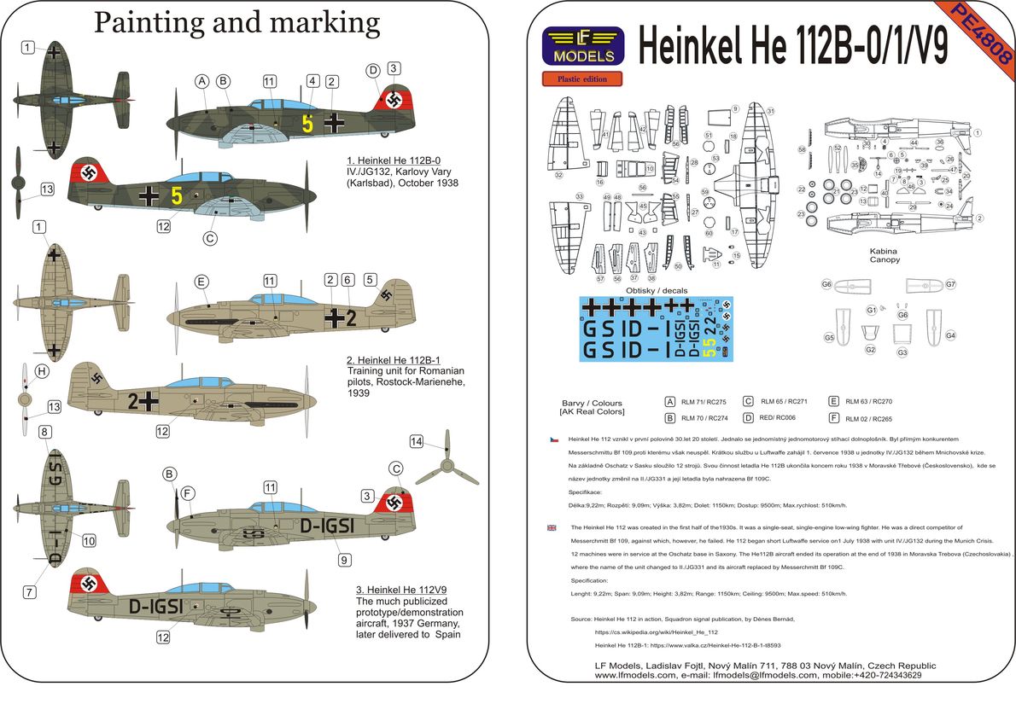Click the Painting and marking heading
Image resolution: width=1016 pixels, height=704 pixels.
pyautogui.click(x=236, y=22)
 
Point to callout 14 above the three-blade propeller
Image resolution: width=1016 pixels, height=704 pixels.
pyautogui.click(x=416, y=441)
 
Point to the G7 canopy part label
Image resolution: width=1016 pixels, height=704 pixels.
pyautogui.click(x=950, y=284)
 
